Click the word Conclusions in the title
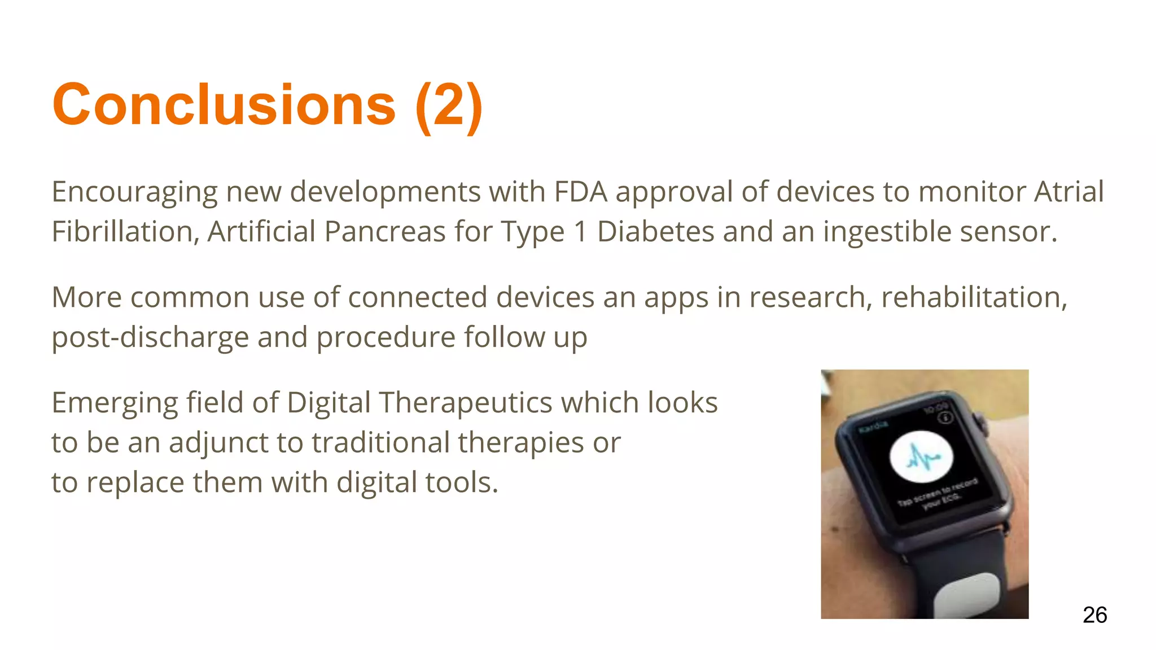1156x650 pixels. (224, 105)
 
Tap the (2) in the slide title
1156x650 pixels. (449, 106)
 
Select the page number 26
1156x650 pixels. (1094, 614)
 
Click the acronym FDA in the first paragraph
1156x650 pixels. (580, 192)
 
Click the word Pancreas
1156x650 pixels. (385, 231)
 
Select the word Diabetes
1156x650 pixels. (656, 231)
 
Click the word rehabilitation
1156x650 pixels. (974, 297)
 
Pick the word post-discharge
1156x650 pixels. (150, 337)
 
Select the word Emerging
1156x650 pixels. (115, 403)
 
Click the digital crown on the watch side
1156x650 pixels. (981, 423)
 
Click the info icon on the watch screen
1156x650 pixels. (945, 417)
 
